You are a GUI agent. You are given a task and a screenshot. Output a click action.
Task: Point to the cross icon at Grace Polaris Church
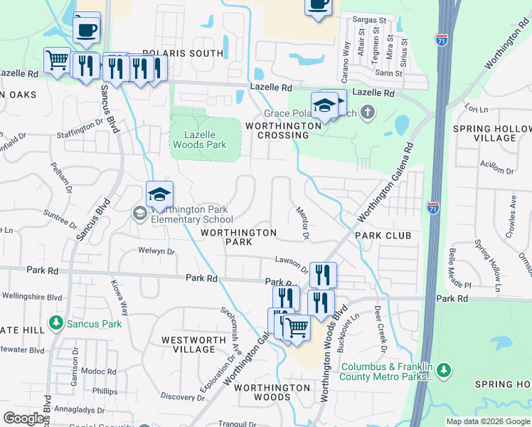point(367,112)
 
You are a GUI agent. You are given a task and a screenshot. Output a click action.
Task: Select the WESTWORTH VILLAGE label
point(188,344)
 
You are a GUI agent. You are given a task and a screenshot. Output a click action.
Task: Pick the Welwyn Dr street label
point(156,251)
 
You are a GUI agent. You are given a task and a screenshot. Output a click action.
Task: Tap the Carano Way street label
point(347,58)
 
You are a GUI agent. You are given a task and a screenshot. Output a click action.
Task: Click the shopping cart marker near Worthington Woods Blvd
point(296,328)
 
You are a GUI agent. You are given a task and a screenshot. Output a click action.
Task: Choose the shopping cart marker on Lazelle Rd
point(58,60)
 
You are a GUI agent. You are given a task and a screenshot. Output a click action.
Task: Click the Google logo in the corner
point(23,418)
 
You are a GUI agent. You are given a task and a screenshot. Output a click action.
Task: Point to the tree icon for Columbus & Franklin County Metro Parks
point(444,370)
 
